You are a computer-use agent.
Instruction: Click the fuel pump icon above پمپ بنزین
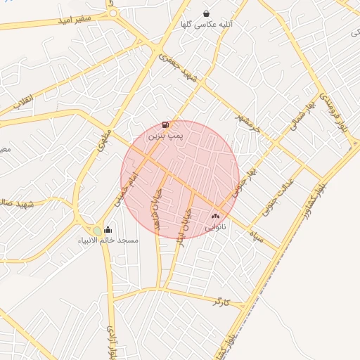tap(165, 125)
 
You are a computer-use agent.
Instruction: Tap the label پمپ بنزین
tap(165, 138)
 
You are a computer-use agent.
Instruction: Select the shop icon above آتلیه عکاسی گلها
tap(206, 13)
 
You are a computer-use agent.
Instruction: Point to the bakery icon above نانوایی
tap(215, 216)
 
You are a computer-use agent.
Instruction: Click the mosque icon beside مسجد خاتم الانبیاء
tap(108, 229)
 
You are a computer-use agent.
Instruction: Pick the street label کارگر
tap(220, 302)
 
